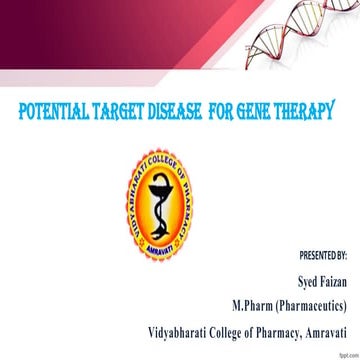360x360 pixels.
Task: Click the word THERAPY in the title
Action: (314, 109)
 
